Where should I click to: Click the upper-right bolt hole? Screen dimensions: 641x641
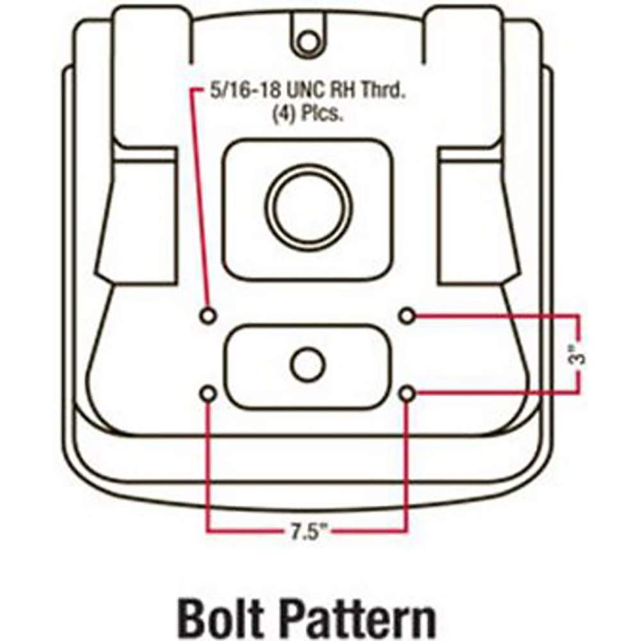click(407, 315)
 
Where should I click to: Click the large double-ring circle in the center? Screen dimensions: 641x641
click(307, 208)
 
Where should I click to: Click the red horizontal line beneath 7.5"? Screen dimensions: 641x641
click(244, 531)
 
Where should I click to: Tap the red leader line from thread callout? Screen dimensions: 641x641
click(192, 192)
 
